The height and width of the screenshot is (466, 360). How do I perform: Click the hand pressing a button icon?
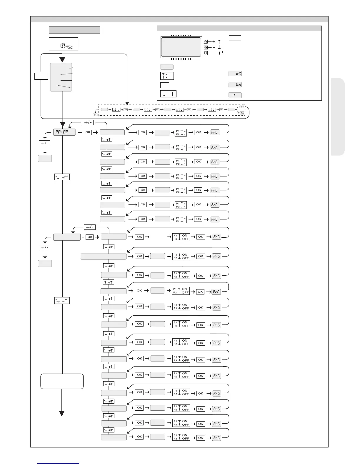pos(66,46)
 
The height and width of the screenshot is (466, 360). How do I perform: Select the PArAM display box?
pos(64,132)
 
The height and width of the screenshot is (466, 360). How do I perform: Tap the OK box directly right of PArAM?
pos(88,132)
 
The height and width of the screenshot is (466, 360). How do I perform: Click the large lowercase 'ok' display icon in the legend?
pos(235,74)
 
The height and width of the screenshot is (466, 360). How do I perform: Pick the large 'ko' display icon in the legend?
pos(235,85)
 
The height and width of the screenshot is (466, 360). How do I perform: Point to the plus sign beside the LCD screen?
pos(214,42)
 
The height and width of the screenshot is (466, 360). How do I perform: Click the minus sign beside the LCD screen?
pos(214,47)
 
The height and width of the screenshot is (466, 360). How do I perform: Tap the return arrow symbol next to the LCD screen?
pos(221,53)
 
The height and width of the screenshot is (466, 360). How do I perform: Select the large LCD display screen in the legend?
pos(181,47)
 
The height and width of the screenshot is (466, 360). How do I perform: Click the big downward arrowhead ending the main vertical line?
pos(62,413)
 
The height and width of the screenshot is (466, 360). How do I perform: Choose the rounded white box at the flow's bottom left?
pos(62,381)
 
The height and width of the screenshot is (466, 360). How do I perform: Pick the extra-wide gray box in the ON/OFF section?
pos(103,256)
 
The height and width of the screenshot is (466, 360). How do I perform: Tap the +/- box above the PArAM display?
pos(87,122)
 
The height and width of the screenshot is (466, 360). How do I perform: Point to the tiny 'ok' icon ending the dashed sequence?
pos(242,107)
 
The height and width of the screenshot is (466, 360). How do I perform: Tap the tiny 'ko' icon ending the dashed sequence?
pos(242,113)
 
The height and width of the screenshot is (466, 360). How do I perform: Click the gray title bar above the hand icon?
pos(74,30)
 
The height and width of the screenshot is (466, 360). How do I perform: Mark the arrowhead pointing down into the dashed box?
pos(127,104)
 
